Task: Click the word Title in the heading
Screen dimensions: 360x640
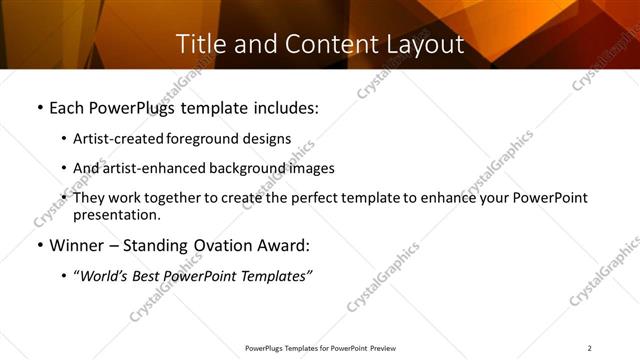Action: coord(199,44)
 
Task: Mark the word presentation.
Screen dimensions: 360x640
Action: coord(116,215)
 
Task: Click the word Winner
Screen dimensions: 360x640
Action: coord(79,245)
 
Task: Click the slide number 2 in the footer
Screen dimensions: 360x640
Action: coord(589,348)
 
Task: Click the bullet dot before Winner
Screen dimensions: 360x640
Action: coord(39,246)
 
